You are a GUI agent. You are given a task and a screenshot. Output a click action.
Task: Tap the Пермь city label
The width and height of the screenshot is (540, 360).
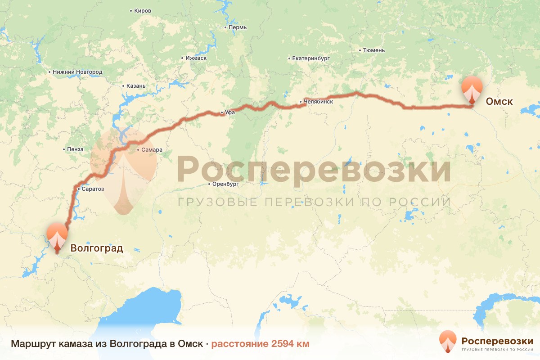[238, 27]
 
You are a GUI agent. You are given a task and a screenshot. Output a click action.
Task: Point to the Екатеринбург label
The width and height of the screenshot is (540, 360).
[311, 58]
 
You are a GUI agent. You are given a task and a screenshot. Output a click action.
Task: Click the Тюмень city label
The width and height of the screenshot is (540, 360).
[374, 50]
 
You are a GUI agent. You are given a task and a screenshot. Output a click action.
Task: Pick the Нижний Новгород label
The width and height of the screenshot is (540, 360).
[77, 72]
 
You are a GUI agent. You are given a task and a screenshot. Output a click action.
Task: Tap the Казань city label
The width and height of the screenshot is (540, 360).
[136, 86]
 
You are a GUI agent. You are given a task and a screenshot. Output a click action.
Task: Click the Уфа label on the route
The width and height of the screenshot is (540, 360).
[230, 113]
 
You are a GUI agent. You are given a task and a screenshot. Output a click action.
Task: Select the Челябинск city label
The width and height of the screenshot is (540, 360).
[319, 102]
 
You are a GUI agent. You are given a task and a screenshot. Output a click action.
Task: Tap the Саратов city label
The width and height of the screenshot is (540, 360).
[93, 189]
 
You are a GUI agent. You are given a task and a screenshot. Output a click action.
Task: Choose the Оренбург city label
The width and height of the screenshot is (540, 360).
[225, 184]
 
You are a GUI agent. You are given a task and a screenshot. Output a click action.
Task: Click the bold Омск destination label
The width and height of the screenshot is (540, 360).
[499, 102]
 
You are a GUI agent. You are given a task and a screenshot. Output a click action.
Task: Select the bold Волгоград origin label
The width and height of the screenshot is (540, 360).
[96, 248]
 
